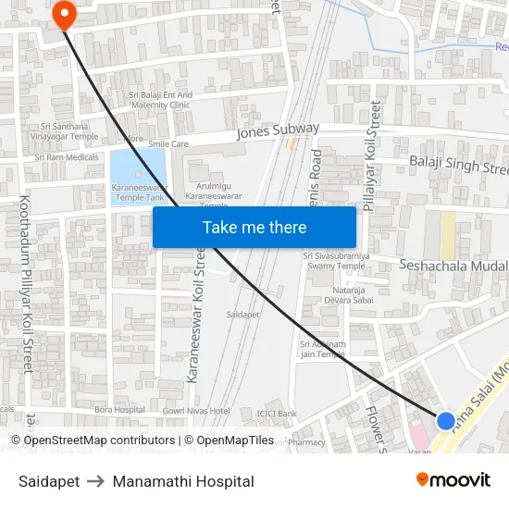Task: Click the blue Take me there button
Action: coord(254,227)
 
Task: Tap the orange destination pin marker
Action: coord(64,14)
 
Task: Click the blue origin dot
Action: coord(445,420)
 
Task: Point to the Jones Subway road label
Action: coord(278,131)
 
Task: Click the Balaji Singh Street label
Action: coord(458,167)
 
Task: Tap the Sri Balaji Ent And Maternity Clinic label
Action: coord(160,99)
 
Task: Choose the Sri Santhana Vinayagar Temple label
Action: coord(64,131)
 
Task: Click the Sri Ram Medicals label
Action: coord(67,157)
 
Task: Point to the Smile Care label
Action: coord(168,144)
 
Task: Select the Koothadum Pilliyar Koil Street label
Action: coord(26,283)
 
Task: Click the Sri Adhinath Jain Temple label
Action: coord(322,349)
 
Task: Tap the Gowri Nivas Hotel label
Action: coord(195,410)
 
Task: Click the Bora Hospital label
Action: coord(118,409)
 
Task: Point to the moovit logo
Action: coord(453,479)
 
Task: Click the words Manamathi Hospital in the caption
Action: coord(183,481)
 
